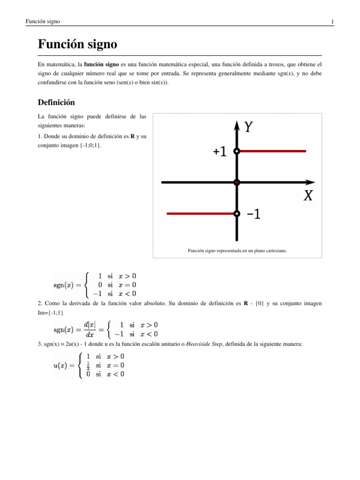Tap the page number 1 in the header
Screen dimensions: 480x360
tap(332, 22)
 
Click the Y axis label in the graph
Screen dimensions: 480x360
tap(250, 127)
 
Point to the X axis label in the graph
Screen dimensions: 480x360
tap(307, 196)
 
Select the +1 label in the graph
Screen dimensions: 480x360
tap(219, 151)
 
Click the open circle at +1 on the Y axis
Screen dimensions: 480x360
tap(237, 151)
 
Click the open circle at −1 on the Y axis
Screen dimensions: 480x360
tap(237, 214)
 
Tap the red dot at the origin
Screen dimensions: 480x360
tap(237, 182)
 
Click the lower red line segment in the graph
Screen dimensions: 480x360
tap(201, 214)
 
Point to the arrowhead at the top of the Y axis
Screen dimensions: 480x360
tap(237, 124)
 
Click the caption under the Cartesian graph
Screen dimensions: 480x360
tap(237, 251)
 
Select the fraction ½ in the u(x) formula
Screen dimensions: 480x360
tap(88, 365)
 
